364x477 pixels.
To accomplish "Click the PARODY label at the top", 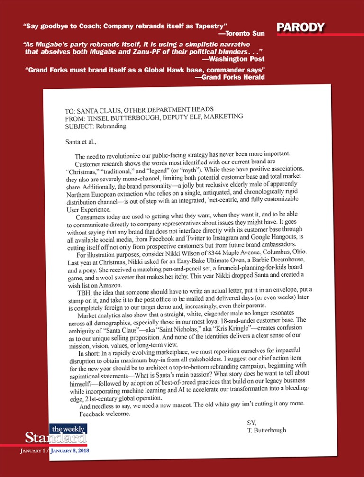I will pos(301,27).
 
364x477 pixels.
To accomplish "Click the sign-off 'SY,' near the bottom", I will pos(252,422).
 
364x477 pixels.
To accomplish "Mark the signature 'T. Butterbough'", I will pos(267,430).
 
